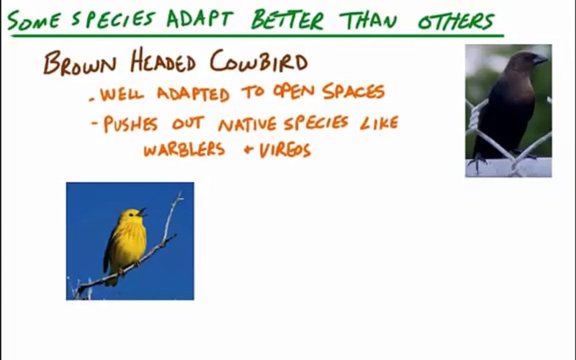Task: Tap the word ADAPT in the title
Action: [x=199, y=18]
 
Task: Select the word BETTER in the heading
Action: [x=287, y=19]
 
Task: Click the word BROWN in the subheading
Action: [x=79, y=63]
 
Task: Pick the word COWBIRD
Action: [x=259, y=61]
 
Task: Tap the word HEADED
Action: [x=162, y=61]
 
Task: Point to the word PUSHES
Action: [x=130, y=124]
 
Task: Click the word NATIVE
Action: [x=247, y=124]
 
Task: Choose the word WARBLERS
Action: [x=184, y=149]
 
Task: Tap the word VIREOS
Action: [x=285, y=150]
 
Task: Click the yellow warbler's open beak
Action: [x=142, y=212]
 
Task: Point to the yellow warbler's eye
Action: [x=131, y=214]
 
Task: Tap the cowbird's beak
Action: [x=540, y=59]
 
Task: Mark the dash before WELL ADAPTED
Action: [x=92, y=99]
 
